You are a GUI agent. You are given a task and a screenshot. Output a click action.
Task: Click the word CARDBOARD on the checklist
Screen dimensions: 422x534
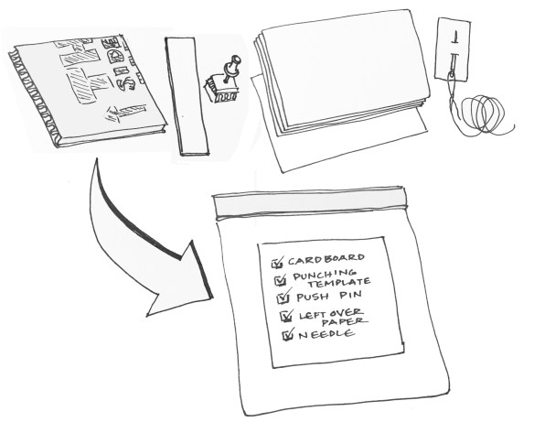(x=327, y=258)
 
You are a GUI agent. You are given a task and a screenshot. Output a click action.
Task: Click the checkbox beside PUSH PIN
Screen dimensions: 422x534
(x=282, y=298)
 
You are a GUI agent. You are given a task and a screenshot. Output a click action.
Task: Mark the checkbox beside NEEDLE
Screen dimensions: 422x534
(x=287, y=336)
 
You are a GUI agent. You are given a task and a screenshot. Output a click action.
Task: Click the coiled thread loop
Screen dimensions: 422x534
(x=484, y=115)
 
